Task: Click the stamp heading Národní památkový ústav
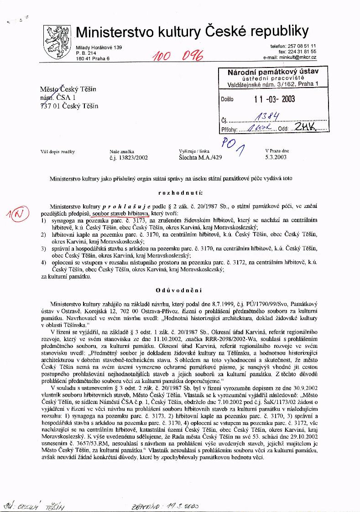click(x=273, y=72)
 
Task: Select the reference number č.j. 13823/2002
click(x=129, y=157)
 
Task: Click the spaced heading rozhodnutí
click(x=181, y=193)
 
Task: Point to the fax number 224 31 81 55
click(x=302, y=52)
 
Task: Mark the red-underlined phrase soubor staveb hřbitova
click(x=120, y=213)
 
